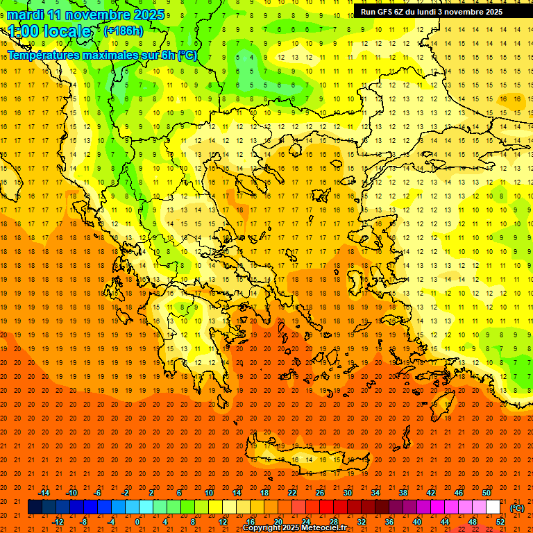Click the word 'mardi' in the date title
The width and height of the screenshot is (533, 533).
coord(23,15)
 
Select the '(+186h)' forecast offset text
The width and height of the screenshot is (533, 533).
coord(123,31)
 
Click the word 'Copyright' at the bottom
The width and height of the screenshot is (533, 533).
coord(263,528)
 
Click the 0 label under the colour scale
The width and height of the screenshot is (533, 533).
coord(137,522)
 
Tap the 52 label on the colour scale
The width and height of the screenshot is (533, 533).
coord(500,522)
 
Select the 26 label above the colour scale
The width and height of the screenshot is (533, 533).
coord(320,493)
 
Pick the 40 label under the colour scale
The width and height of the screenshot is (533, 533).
coord(417,522)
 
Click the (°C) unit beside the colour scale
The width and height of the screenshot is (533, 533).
coord(517,508)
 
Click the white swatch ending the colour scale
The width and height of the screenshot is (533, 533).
coord(493,507)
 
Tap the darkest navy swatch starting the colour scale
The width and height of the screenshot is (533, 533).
coord(35,507)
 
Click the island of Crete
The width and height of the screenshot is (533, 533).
coord(305,459)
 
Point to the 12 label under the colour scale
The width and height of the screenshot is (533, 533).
coord(223,522)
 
